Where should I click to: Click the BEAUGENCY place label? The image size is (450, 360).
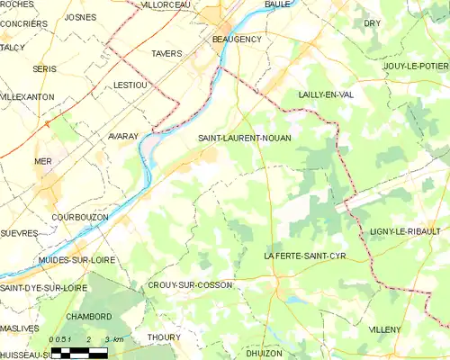[236, 40]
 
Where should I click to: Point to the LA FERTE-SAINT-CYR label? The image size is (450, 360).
[304, 256]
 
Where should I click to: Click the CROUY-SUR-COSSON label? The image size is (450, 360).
[189, 285]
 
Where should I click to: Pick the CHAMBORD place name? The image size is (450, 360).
[88, 317]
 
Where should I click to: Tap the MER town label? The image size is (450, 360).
[43, 161]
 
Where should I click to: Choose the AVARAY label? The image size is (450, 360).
[122, 136]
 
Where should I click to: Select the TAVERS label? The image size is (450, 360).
[166, 54]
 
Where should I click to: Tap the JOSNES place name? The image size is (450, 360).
[81, 17]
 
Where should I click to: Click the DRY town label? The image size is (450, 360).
[372, 22]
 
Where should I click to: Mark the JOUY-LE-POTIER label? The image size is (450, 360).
[415, 66]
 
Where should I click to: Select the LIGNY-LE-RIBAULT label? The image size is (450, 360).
[409, 232]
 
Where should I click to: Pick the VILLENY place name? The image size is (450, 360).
[384, 330]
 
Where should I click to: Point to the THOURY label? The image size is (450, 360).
[164, 337]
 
